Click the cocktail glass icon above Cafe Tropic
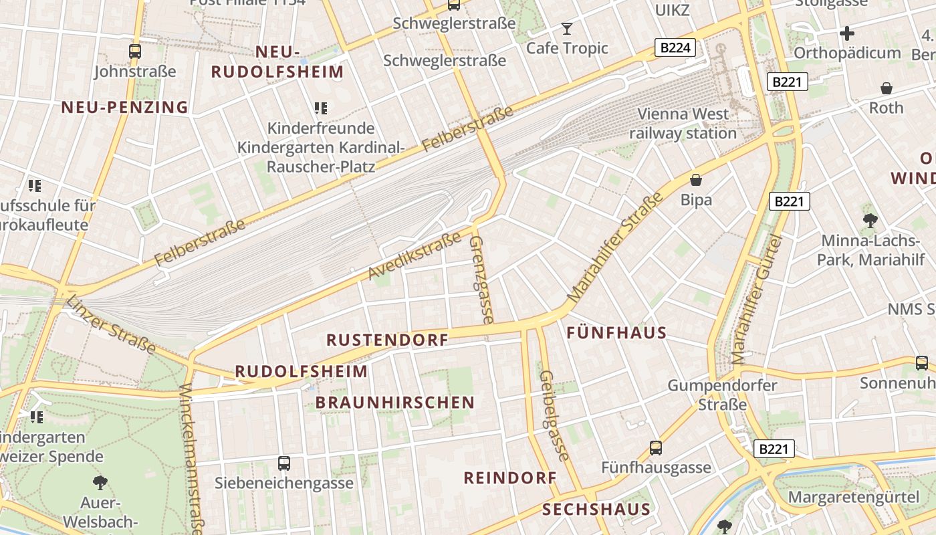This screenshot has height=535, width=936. point(567,29)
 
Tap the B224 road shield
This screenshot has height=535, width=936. point(675,47)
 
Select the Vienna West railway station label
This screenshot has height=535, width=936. point(683,124)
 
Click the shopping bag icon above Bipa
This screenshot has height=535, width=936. point(696,180)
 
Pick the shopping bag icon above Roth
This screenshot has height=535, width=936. point(887,88)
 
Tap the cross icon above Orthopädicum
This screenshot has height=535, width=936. point(847,33)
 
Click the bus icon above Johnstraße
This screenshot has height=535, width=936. point(135,51)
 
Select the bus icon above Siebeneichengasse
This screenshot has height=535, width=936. point(284,463)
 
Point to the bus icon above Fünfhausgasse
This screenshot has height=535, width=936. point(656,448)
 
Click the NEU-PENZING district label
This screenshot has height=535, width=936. point(125,107)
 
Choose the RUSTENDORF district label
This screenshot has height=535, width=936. point(388,340)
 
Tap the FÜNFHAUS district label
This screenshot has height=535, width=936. point(616,332)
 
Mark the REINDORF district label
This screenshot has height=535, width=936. point(510,477)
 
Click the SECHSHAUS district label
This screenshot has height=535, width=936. point(596,510)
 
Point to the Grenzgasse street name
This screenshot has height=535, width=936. point(481,280)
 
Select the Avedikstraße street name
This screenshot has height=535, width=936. point(415,255)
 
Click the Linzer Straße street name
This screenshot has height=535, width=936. point(111,324)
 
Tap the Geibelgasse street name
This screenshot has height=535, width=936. point(555,415)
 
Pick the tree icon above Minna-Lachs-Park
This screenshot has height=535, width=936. point(870,220)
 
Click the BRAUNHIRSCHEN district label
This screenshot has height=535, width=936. point(394,403)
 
